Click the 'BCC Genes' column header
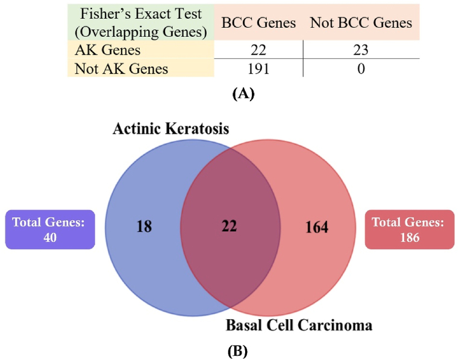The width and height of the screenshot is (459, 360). point(258,23)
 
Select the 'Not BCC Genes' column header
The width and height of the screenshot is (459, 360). point(361,23)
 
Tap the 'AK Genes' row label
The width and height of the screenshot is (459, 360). point(108,50)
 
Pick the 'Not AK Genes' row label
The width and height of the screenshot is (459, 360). point(122,69)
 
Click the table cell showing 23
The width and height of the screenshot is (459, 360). point(361,50)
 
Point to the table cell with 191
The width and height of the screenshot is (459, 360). point(258,69)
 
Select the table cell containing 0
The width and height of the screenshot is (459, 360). point(361,69)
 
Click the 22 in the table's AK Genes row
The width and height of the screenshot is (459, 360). point(258,50)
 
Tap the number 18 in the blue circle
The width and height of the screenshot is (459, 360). point(145,226)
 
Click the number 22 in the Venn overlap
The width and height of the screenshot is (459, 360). point(229,226)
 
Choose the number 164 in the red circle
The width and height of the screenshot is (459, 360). point(317,227)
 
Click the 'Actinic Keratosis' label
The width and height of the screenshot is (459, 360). point(171,129)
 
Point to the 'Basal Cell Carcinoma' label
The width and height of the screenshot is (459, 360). point(299,325)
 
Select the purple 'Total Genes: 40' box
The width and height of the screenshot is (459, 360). point(50,229)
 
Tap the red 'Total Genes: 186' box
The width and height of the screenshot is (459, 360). point(410,229)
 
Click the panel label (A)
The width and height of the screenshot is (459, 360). point(243,94)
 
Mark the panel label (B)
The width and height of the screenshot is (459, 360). point(238,351)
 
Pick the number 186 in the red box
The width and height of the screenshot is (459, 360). point(410,237)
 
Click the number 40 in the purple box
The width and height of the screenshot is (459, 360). point(50,237)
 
